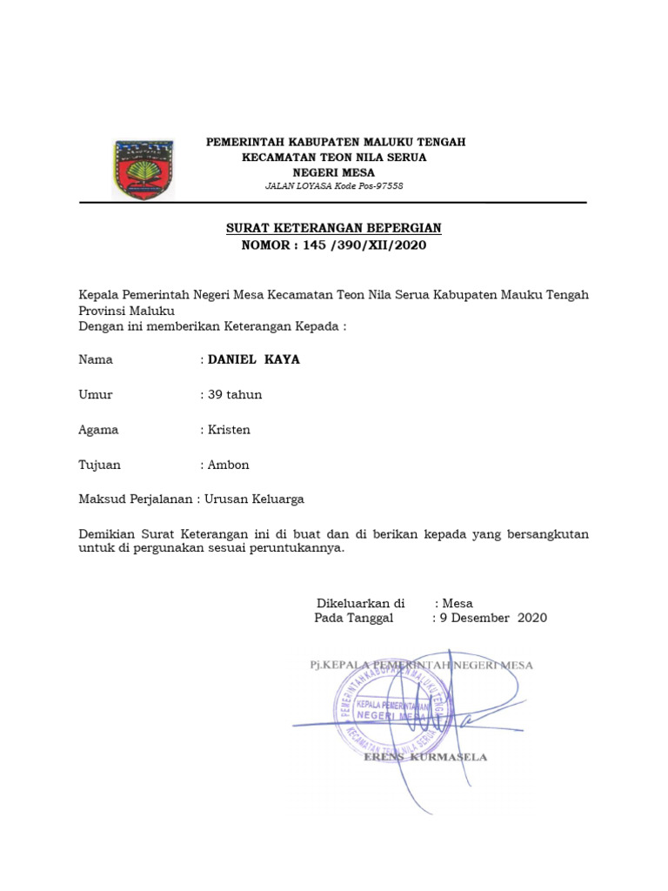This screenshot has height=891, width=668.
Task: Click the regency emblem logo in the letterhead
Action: click(x=144, y=170)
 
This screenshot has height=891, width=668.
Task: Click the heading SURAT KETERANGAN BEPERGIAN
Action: click(x=334, y=228)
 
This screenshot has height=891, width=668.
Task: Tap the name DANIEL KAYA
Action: click(x=254, y=359)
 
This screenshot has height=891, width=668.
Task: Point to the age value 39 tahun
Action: click(x=235, y=394)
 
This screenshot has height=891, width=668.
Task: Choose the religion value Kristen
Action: click(x=230, y=429)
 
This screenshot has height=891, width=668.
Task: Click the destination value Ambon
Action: click(x=229, y=465)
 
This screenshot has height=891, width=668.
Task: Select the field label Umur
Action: click(x=96, y=394)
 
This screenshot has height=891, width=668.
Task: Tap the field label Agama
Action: click(x=98, y=429)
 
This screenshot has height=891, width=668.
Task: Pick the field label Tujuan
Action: click(x=99, y=465)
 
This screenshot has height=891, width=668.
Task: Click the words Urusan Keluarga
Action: click(x=254, y=499)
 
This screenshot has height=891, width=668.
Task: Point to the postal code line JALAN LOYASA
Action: click(x=334, y=186)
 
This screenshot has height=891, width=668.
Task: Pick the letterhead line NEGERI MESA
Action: click(x=334, y=172)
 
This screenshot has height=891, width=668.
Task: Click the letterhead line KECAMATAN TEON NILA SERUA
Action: click(x=334, y=157)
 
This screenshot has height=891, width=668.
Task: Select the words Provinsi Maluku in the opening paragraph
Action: click(x=127, y=311)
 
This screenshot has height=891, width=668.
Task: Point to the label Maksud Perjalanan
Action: click(x=136, y=499)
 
